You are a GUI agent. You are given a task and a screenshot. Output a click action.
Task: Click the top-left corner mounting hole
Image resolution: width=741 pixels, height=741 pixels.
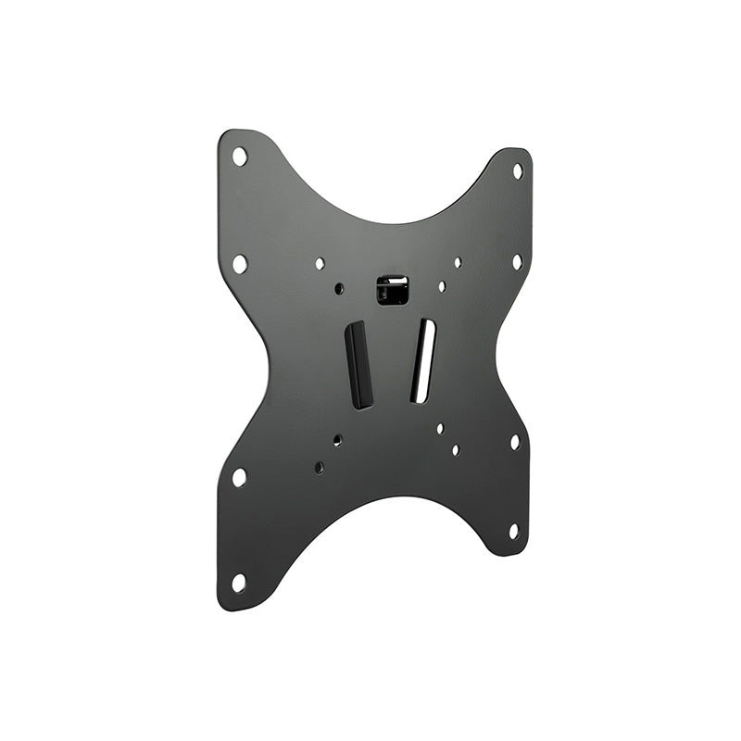tap(239, 156)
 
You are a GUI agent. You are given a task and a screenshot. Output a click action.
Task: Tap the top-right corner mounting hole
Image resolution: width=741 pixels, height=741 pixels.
tap(518, 171)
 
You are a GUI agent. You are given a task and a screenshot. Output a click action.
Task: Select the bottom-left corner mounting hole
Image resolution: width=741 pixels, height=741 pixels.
tap(238, 583)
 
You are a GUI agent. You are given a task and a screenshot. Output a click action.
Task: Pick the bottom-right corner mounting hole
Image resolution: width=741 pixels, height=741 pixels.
tap(513, 531)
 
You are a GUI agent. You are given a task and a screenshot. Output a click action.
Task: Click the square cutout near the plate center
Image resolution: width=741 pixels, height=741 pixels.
tap(393, 289)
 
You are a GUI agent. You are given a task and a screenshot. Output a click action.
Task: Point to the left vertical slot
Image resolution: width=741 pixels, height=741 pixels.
tap(359, 364)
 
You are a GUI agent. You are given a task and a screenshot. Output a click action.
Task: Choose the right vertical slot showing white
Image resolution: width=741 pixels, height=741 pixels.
tap(423, 360)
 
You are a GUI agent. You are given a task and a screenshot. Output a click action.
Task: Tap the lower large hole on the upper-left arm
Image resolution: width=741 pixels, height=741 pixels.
tap(239, 263)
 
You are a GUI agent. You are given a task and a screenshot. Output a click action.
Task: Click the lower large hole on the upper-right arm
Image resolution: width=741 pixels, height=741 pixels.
tap(517, 261)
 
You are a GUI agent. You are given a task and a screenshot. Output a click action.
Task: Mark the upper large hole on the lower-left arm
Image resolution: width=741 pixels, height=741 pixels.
tap(239, 477)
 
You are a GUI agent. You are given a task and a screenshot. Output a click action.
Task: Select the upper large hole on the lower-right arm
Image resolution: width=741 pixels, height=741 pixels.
tap(515, 442)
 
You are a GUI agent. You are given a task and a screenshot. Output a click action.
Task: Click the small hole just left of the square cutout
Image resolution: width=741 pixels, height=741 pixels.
tap(339, 289)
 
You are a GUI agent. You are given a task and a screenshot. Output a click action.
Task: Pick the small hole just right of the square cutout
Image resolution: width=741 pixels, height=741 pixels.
tap(442, 287)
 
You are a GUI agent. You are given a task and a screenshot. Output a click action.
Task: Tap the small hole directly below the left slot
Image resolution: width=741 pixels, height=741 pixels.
tap(337, 440)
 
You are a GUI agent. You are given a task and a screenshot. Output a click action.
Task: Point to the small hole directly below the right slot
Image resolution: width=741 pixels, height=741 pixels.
tap(440, 428)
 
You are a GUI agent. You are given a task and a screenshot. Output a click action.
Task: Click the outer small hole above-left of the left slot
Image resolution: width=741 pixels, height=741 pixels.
tap(320, 264)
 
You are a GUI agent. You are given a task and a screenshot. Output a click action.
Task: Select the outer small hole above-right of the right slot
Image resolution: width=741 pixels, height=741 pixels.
tap(458, 262)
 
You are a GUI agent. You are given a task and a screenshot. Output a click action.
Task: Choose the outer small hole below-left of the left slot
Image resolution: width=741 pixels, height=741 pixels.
tap(319, 468)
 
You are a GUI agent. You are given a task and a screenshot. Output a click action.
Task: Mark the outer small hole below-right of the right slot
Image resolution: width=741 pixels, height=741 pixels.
tap(456, 450)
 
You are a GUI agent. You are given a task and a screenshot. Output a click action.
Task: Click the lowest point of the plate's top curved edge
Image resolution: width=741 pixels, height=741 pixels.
tap(394, 223)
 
